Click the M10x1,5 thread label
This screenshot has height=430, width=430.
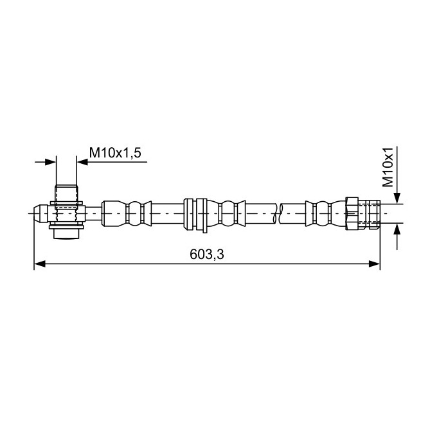(115, 153)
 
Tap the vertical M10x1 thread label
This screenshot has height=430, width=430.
(388, 167)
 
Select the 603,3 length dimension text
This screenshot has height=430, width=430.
(207, 255)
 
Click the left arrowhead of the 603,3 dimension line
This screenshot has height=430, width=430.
(39, 264)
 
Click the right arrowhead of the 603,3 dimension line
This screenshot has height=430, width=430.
(374, 264)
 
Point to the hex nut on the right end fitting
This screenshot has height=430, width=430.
(352, 213)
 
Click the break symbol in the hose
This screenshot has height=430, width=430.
(278, 213)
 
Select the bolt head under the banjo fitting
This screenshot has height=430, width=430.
(66, 234)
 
